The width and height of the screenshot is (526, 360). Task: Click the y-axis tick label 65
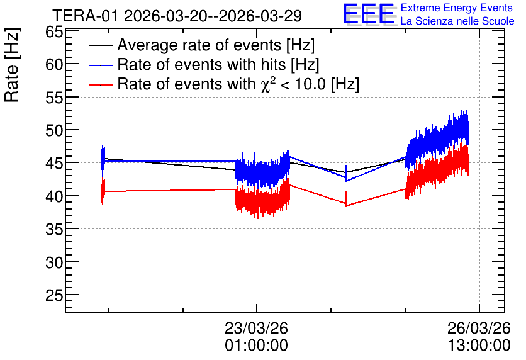tap(54, 33)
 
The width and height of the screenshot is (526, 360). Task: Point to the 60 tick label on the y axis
tap(54, 64)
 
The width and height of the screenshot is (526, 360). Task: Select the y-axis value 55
tap(54, 98)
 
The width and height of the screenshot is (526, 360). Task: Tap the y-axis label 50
tap(54, 130)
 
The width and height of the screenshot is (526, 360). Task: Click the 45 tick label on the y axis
tap(54, 163)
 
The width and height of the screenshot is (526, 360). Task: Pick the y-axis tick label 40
tap(54, 196)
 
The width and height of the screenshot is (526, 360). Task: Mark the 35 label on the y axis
tap(54, 229)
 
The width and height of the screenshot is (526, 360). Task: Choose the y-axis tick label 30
tap(54, 262)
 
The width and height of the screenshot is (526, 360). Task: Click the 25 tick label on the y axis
tap(54, 295)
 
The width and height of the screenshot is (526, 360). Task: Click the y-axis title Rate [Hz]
tap(12, 65)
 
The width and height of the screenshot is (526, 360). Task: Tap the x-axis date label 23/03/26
tap(256, 328)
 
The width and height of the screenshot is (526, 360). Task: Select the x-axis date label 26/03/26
tap(479, 328)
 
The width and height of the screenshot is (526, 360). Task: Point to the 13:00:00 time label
tap(479, 346)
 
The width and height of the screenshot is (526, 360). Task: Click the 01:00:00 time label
tap(256, 346)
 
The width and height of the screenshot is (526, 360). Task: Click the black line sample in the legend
tap(100, 45)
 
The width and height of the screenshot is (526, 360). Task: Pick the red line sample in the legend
tap(100, 84)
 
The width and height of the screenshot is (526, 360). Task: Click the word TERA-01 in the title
tap(85, 16)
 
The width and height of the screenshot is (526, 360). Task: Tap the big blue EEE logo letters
tap(368, 14)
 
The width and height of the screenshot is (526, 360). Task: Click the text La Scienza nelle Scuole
tap(457, 21)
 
